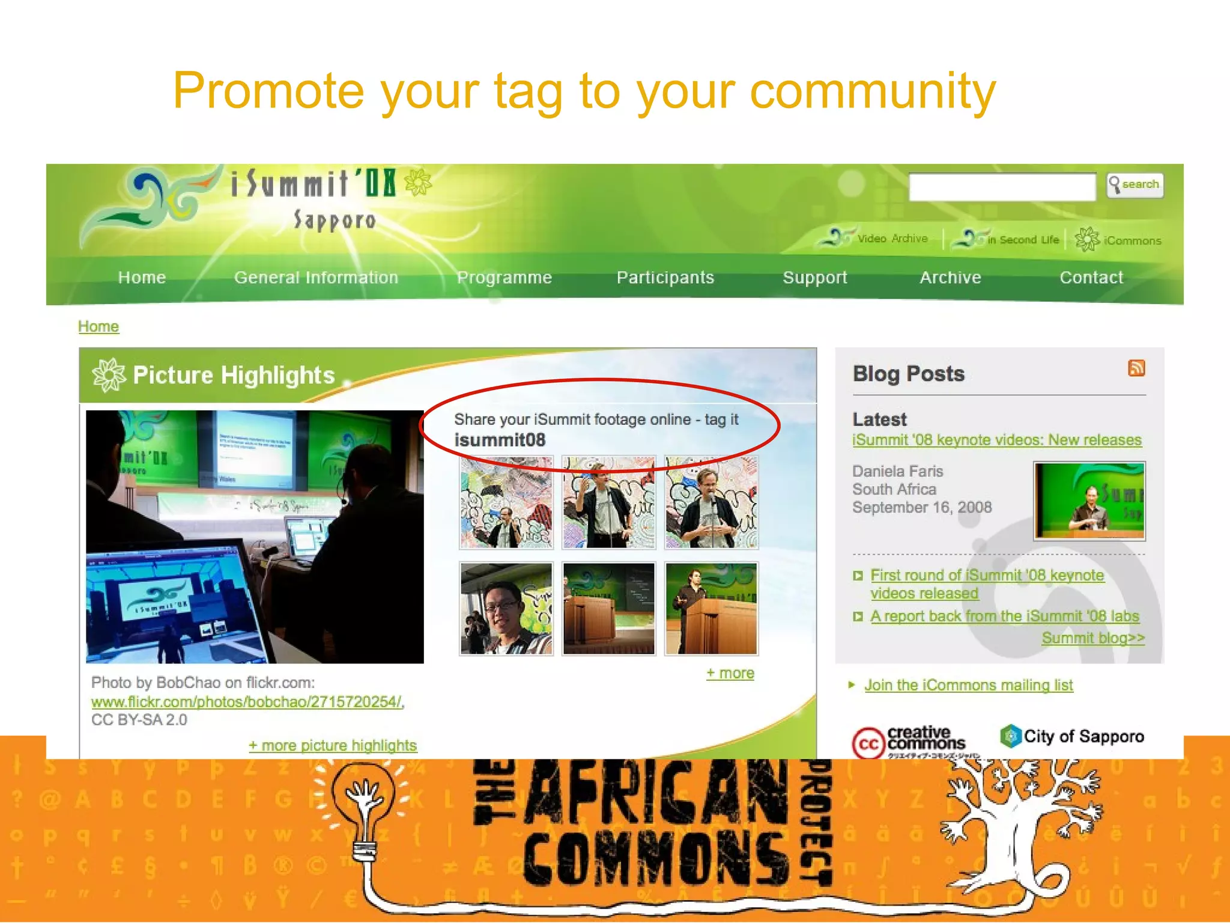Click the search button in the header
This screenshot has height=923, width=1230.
(1135, 185)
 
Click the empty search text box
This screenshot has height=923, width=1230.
(1001, 187)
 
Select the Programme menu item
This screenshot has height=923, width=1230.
(504, 278)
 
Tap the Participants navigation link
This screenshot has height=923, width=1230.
(665, 278)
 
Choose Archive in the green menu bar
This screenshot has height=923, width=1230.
(950, 278)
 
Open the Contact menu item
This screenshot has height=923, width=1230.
(1091, 278)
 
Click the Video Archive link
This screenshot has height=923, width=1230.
(892, 239)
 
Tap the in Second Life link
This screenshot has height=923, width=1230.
(1023, 240)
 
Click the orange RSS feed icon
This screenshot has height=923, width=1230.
(1136, 368)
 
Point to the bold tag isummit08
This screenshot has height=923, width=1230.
(500, 440)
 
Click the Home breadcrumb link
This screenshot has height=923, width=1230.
(98, 326)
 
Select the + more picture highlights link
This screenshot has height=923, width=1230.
(333, 746)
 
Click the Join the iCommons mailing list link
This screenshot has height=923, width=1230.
(968, 685)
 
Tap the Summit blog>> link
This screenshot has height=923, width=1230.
(1093, 638)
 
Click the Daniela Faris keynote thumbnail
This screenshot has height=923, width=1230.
(1089, 501)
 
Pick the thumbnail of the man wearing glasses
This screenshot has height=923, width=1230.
(506, 609)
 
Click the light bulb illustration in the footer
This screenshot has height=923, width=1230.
(362, 805)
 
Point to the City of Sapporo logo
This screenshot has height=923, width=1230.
(1072, 736)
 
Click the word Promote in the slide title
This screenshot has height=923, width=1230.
(268, 91)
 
